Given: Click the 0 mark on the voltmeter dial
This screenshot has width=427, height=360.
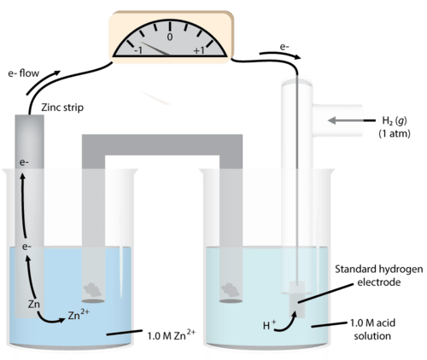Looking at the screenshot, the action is (x=170, y=38).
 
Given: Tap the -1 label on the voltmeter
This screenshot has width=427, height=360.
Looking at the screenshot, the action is (x=138, y=50).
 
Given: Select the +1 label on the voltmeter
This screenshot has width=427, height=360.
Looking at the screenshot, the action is (x=199, y=50).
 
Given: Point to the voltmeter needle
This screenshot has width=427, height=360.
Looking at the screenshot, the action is (x=155, y=49).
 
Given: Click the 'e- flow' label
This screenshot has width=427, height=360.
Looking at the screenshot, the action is (x=24, y=73).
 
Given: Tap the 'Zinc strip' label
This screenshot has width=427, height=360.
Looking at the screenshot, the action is (x=62, y=107).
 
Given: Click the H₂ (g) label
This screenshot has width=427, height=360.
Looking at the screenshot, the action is (x=395, y=121).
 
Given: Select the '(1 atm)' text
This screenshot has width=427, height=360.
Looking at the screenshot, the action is (x=395, y=133).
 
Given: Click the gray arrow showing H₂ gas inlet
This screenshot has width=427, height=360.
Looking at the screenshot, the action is (x=351, y=120).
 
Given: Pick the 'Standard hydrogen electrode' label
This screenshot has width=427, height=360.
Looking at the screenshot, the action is (x=379, y=276).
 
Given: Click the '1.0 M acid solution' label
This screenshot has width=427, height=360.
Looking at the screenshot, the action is (x=372, y=329).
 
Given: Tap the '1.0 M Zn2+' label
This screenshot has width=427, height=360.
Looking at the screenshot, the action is (x=172, y=334).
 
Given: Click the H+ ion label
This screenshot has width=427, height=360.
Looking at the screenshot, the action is (x=269, y=325).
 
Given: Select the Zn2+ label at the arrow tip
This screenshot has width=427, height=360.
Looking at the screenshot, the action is (x=79, y=315).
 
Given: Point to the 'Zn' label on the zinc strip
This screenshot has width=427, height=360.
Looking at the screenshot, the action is (x=34, y=305).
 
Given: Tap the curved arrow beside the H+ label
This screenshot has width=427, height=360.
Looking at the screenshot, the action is (x=288, y=325).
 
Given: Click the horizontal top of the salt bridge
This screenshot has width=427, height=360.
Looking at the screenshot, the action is (x=162, y=145).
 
